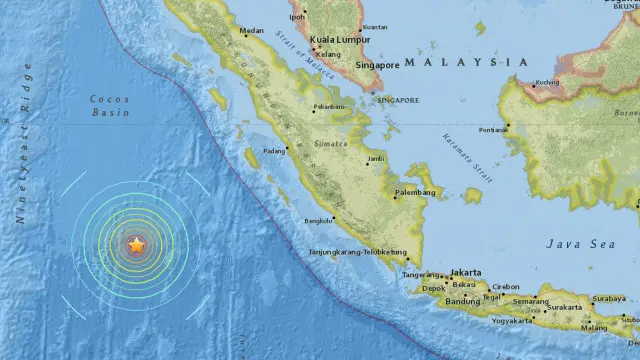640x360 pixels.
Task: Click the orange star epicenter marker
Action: [x=136, y=243]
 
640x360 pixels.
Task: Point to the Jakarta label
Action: [x=466, y=272]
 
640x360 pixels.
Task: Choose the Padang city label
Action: [x=273, y=151]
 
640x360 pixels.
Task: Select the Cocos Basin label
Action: [x=110, y=105]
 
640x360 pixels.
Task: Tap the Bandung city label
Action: [x=464, y=301]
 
